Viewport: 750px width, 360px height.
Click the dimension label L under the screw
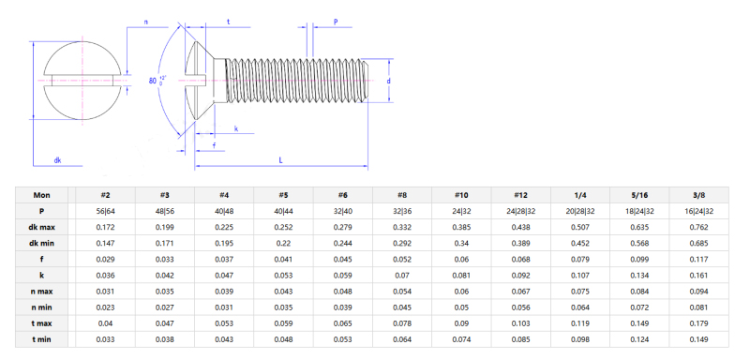pyautogui.click(x=281, y=160)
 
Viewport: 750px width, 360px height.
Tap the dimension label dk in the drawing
pyautogui.click(x=57, y=160)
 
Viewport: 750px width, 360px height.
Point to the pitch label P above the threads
pyautogui.click(x=336, y=21)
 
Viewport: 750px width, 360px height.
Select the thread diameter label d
pyautogui.click(x=388, y=81)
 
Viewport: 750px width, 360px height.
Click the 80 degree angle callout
pyautogui.click(x=156, y=82)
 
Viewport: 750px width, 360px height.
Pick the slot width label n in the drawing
pyautogui.click(x=145, y=21)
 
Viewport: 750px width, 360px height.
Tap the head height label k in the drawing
pyautogui.click(x=235, y=128)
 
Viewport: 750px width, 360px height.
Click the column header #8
pyautogui.click(x=401, y=195)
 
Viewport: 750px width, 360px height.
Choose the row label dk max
pyautogui.click(x=42, y=227)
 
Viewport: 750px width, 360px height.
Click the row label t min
pyautogui.click(x=42, y=338)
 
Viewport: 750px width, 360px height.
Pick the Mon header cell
pyautogui.click(x=42, y=195)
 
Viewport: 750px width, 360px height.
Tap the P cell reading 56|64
pyautogui.click(x=106, y=211)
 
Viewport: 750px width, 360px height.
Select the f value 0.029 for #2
pyautogui.click(x=106, y=259)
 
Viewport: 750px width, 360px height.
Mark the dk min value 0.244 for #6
pyautogui.click(x=343, y=243)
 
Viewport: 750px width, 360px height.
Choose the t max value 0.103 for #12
pyautogui.click(x=522, y=322)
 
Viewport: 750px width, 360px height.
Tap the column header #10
pyautogui.click(x=460, y=195)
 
